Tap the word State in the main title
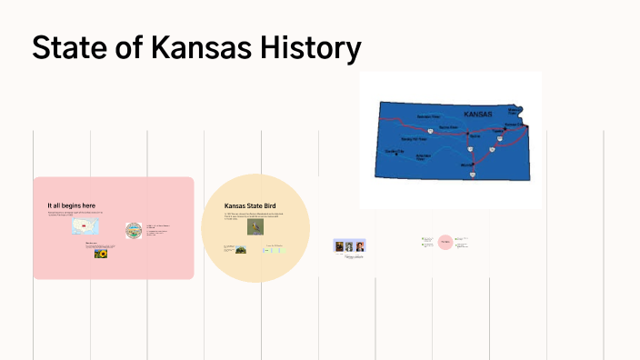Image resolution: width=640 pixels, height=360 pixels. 62,47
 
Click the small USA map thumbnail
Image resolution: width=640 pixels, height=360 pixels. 85,226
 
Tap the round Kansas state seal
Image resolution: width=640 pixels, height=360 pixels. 134,230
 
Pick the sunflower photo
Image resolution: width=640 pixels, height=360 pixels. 101,255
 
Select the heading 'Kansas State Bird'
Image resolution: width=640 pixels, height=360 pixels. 249,206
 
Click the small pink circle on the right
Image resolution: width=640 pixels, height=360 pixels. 445,242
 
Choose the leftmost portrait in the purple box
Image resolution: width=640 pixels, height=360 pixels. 338,246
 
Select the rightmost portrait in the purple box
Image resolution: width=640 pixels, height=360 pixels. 359,246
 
